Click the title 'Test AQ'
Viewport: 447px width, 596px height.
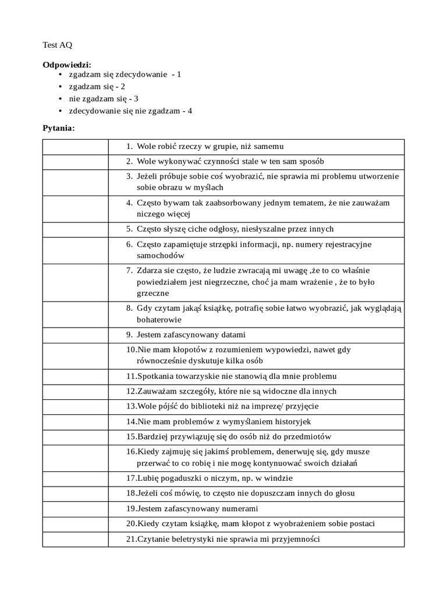point(58,45)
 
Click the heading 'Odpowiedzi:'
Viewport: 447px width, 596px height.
point(67,65)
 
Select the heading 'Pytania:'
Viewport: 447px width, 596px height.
point(59,127)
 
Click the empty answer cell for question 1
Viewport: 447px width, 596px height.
point(75,147)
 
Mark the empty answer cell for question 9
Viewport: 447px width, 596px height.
point(75,335)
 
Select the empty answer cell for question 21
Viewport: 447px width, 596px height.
point(75,539)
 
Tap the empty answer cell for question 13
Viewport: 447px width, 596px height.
point(75,406)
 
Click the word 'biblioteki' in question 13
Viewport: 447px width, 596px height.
point(202,406)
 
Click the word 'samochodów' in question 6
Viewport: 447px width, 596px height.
point(161,256)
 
